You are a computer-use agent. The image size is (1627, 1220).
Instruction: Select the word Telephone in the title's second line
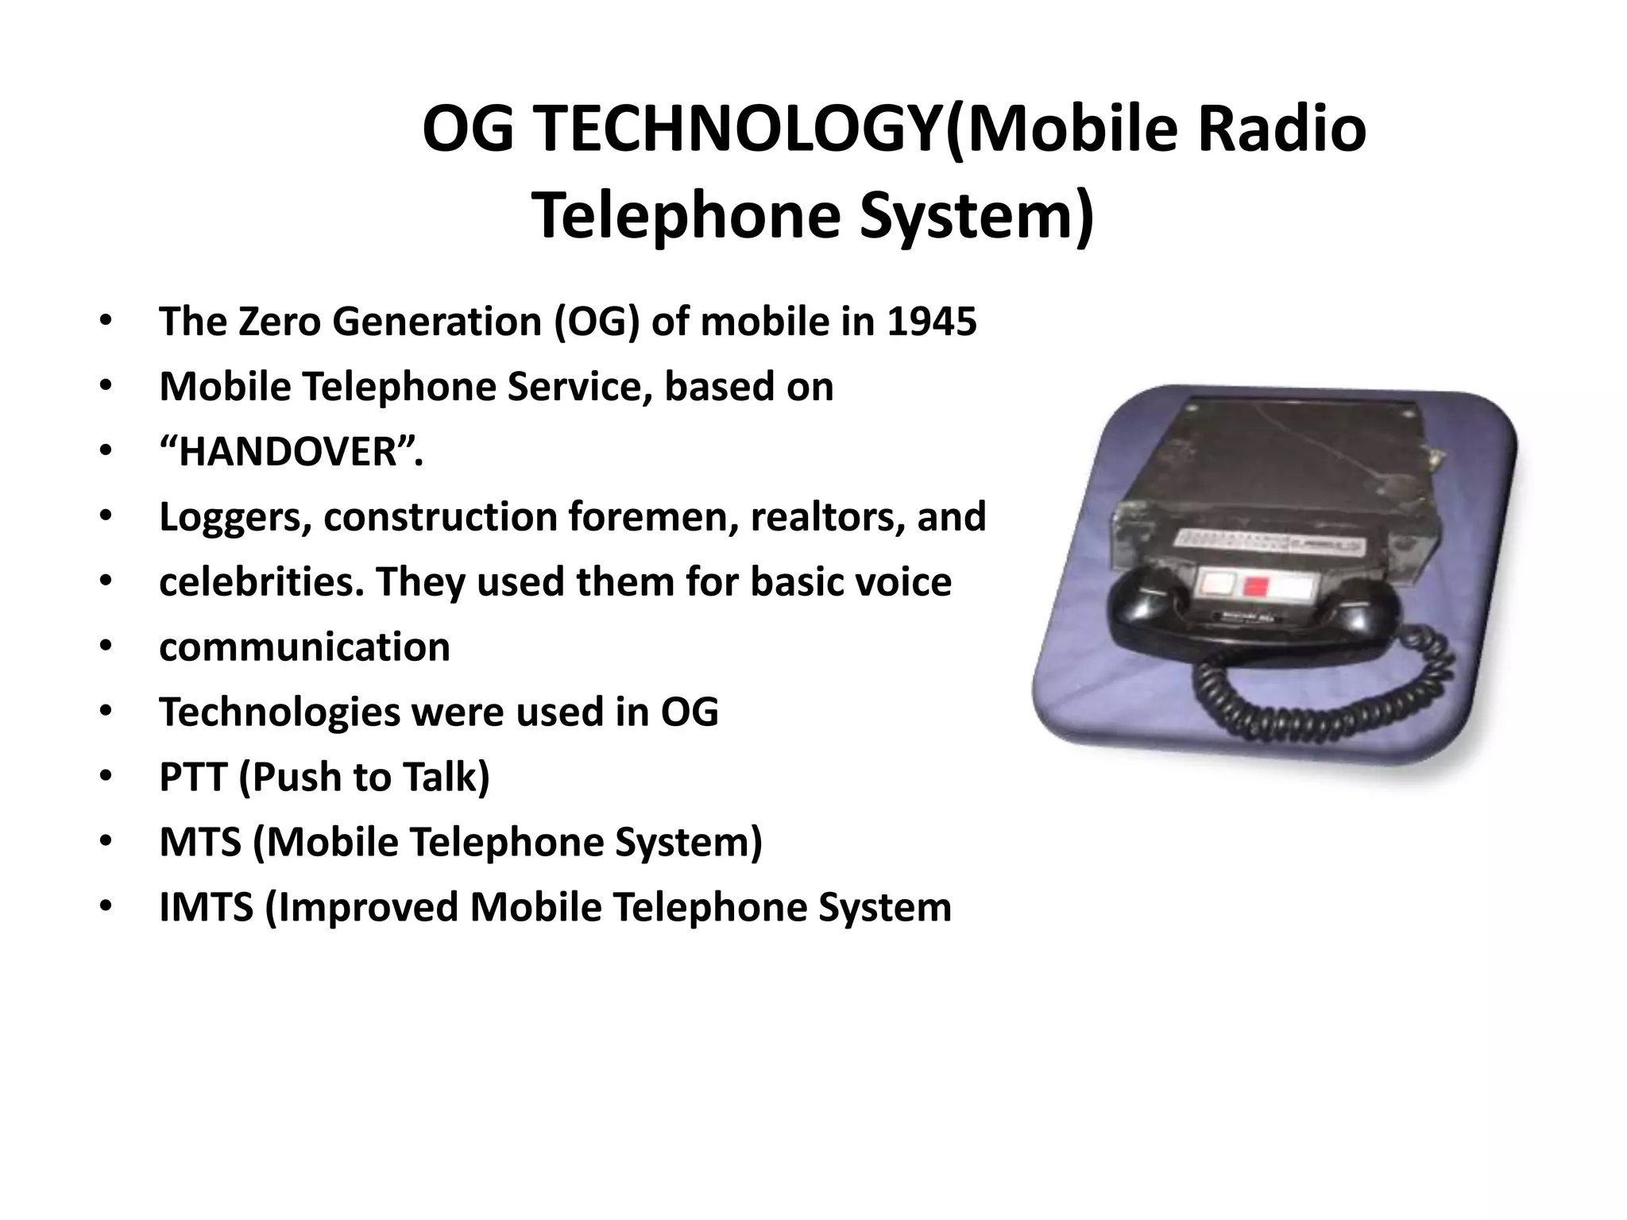point(685,216)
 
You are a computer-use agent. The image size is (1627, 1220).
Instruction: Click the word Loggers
point(235,517)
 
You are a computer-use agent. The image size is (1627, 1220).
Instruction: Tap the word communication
point(304,647)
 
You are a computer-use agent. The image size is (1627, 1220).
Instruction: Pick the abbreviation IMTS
point(207,907)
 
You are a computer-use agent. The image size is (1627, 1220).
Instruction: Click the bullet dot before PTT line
point(106,777)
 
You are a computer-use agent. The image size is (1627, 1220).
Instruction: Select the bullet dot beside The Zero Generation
point(106,322)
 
